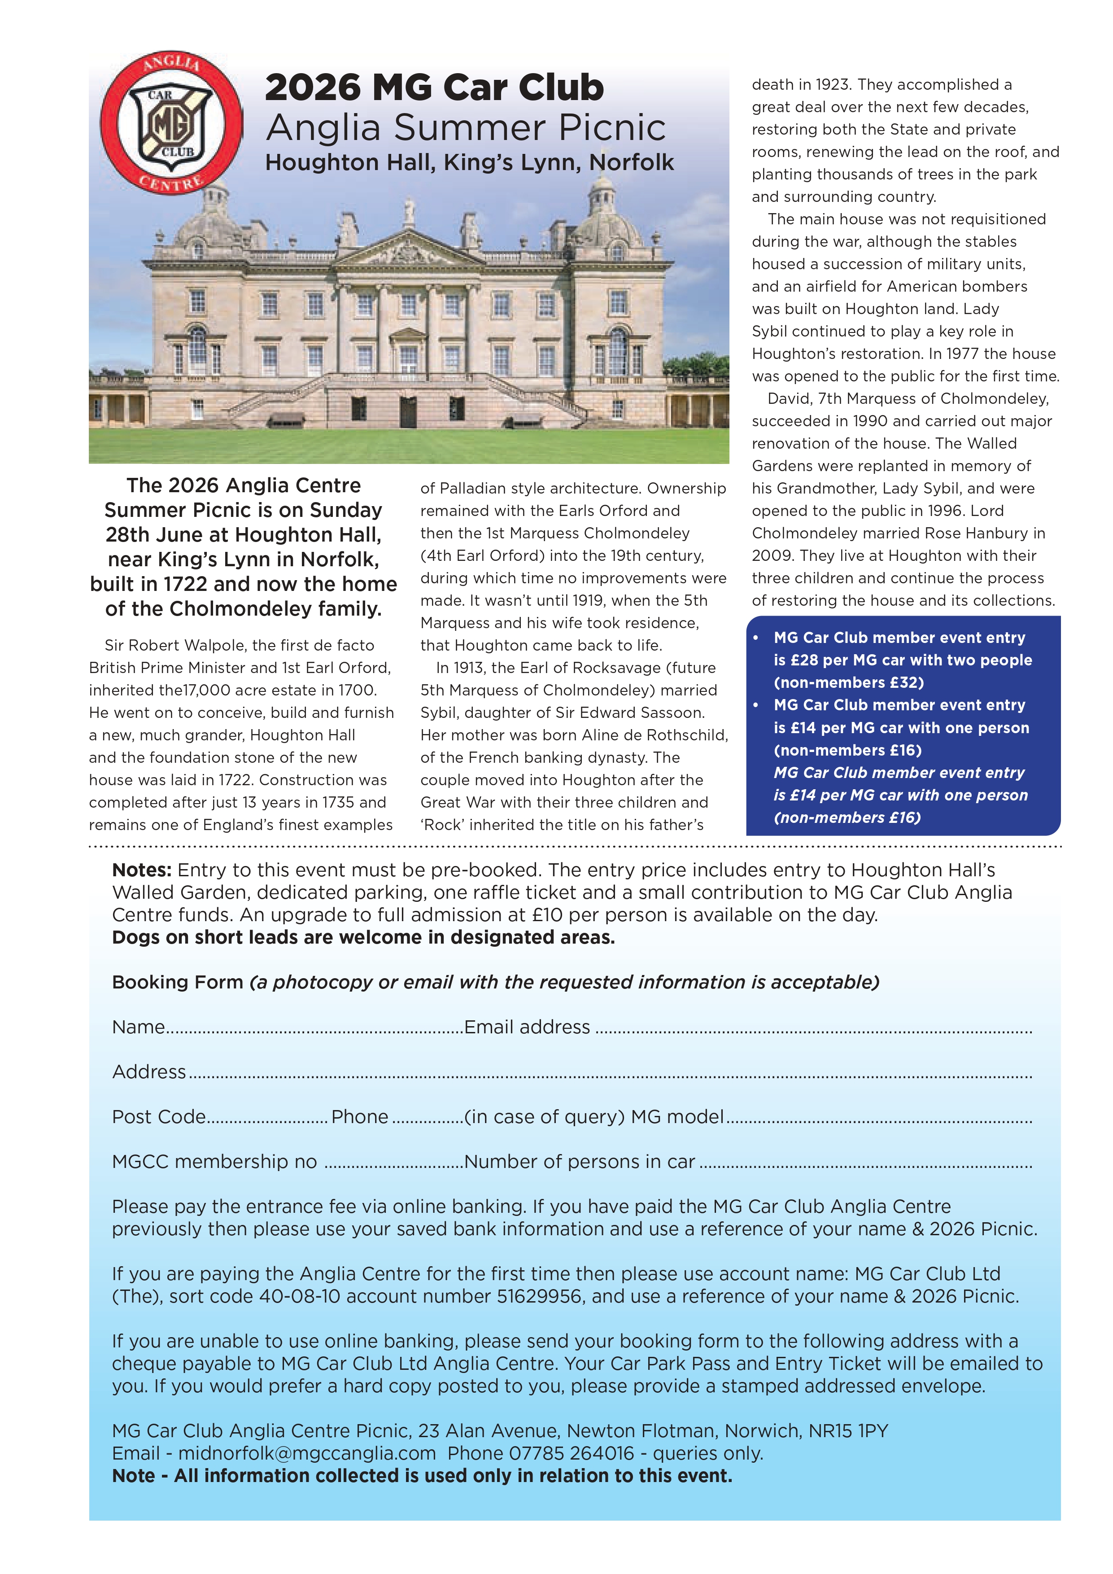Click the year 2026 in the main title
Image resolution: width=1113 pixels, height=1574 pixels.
click(313, 88)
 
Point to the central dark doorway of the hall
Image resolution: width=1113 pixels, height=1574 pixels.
click(409, 411)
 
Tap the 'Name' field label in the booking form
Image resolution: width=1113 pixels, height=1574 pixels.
click(139, 1027)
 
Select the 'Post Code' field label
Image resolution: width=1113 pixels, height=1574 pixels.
click(159, 1117)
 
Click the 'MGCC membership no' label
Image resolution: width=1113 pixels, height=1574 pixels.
click(214, 1162)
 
